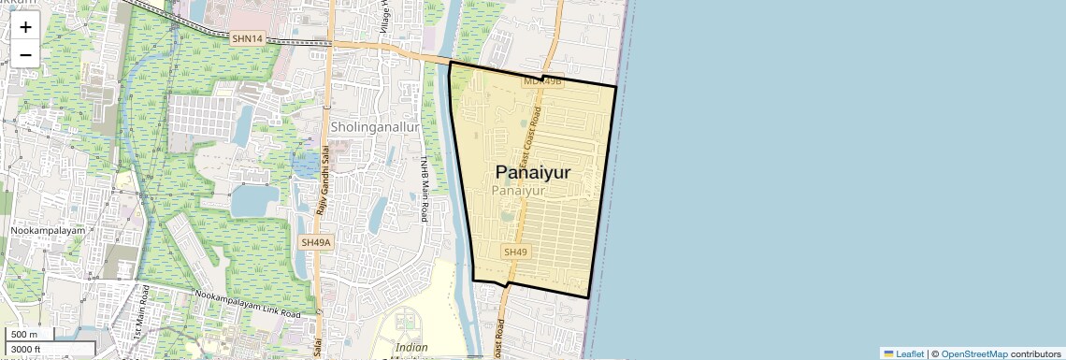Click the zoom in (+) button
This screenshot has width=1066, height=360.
point(25,27)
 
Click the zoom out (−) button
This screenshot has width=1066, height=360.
point(25,54)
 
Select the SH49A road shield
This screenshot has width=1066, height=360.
point(316,242)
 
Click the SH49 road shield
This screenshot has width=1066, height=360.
point(515,252)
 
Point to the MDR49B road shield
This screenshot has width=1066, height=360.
point(542,81)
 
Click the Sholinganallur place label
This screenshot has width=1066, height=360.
point(374,126)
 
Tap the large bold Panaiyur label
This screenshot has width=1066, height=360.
point(533,172)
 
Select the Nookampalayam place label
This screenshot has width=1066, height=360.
point(48,230)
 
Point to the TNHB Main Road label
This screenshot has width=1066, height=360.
point(424,188)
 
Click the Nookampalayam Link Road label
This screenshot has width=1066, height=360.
point(248,302)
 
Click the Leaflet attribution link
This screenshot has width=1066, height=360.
point(903,353)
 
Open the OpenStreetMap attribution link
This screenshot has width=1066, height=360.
point(973,353)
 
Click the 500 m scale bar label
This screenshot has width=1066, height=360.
point(24,335)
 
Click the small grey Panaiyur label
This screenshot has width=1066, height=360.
point(517,191)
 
